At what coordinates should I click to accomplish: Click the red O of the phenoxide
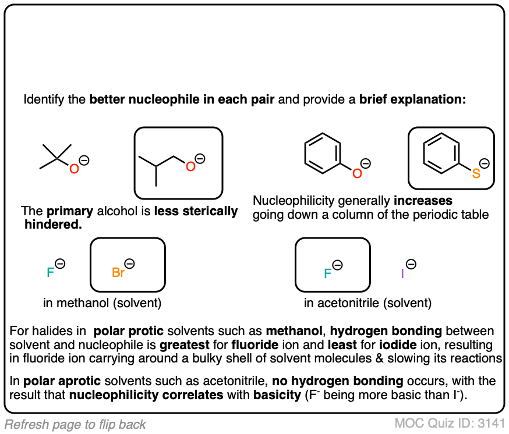[x=357, y=173]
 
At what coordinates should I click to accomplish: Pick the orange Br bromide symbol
[x=118, y=272]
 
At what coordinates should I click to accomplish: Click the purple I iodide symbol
[x=402, y=272]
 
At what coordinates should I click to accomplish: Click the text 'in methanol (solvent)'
[x=102, y=303]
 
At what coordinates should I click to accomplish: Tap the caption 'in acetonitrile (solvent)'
[x=367, y=303]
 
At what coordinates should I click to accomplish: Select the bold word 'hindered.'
[x=53, y=224]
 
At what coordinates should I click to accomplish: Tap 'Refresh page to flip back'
[x=76, y=424]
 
